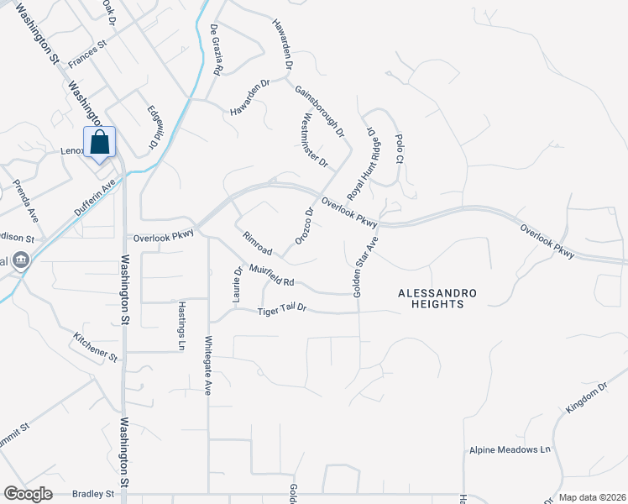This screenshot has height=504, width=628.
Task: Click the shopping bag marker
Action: click(x=100, y=143)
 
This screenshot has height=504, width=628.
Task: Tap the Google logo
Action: click(x=29, y=494)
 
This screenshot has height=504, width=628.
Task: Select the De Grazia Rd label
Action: click(x=216, y=50)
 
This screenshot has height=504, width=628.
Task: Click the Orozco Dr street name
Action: click(x=304, y=225)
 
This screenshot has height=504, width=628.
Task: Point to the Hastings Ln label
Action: click(x=181, y=326)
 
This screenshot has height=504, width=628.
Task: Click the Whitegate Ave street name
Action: click(x=208, y=366)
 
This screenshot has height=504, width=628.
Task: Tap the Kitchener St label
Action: click(x=95, y=349)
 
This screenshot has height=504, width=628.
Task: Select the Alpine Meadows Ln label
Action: click(x=509, y=449)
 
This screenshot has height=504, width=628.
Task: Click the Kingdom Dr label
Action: click(x=586, y=397)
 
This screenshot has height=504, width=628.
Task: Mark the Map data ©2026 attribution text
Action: click(x=591, y=497)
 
